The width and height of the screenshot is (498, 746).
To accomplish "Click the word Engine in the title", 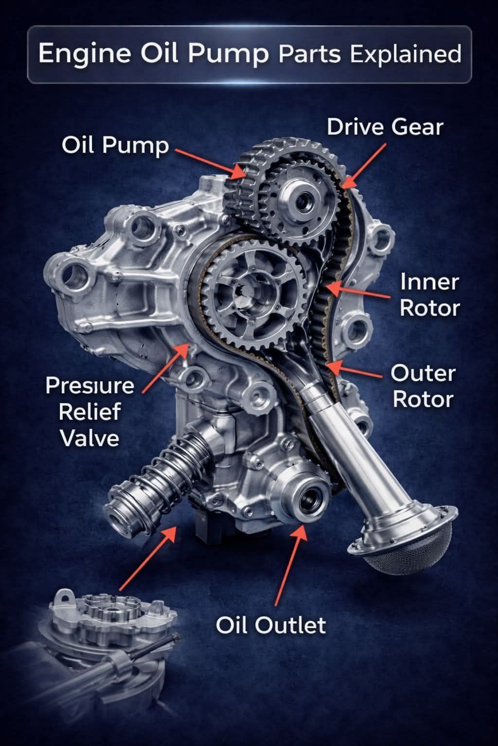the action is (x=85, y=54).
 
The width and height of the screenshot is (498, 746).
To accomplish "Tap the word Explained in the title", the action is (x=406, y=54).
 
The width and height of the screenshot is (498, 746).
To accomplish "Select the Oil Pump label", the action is (x=115, y=146).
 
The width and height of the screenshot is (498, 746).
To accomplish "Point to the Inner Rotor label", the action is (x=429, y=295).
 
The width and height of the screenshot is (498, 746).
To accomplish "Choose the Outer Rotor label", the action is (x=423, y=386).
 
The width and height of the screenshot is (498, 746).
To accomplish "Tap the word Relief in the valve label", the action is (x=89, y=412).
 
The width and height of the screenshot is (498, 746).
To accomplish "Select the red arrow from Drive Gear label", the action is (x=364, y=166).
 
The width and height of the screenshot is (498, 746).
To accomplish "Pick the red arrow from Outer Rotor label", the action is (x=353, y=370).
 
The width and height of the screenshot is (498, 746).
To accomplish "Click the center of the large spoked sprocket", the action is (x=249, y=293).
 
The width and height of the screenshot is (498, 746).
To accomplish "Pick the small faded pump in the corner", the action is (x=100, y=653).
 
